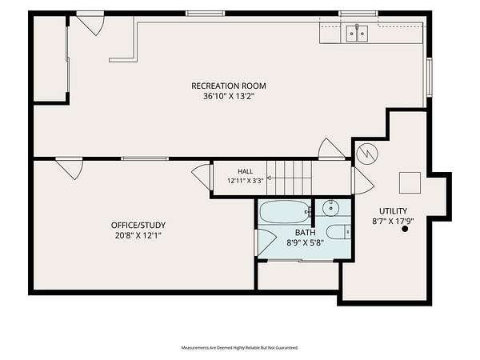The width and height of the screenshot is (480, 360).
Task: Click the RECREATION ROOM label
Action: (229, 86)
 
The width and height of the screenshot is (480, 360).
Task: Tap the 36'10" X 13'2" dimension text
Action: (229, 97)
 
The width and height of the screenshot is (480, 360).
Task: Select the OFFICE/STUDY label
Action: (138, 226)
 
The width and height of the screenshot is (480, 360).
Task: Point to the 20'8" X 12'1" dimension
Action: (138, 236)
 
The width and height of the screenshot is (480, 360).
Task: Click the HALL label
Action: (246, 171)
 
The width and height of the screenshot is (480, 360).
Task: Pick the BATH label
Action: (306, 233)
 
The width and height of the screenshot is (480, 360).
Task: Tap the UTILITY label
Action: (393, 211)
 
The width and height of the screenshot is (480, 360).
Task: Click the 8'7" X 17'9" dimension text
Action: (393, 222)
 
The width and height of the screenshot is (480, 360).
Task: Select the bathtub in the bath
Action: (285, 212)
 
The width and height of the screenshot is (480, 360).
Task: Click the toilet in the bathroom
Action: (338, 232)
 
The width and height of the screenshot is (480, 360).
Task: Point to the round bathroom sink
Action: (331, 208)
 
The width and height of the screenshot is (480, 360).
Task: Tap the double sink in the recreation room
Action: (357, 34)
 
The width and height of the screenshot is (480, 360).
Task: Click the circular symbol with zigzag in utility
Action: (367, 154)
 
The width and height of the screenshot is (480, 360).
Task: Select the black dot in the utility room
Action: (405, 229)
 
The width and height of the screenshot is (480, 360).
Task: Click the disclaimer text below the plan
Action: (240, 348)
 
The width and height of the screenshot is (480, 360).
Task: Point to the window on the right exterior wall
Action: (430, 77)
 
